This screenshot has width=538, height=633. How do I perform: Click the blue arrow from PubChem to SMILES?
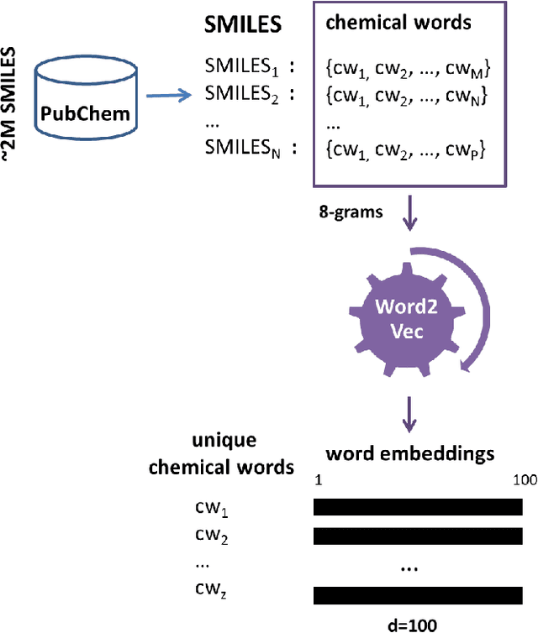[172, 95]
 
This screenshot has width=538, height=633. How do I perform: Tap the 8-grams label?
[350, 212]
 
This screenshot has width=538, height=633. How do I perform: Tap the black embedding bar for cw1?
[418, 507]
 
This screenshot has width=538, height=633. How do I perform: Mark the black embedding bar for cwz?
[418, 595]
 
